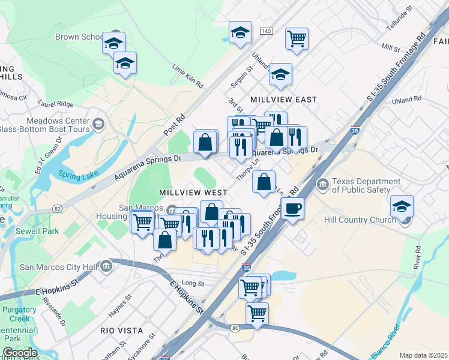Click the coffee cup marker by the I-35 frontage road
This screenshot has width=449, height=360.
coord(292,208)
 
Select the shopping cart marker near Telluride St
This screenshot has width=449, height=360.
coord(297,38)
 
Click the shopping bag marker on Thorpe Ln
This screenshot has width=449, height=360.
coord(264,181)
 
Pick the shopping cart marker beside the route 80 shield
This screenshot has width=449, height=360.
coord(257,313)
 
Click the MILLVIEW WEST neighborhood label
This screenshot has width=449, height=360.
coord(193,193)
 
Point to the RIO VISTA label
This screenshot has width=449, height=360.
coord(122,331)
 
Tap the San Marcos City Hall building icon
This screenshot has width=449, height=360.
coord(107,265)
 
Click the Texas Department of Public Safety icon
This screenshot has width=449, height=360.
coord(323,182)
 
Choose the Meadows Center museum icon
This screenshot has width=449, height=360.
coord(98,124)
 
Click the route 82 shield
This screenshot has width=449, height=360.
coord(58,208)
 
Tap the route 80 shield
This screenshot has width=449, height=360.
coord(234,328)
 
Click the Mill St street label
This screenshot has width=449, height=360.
coord(390,47)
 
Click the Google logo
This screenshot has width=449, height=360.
coord(19,353)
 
